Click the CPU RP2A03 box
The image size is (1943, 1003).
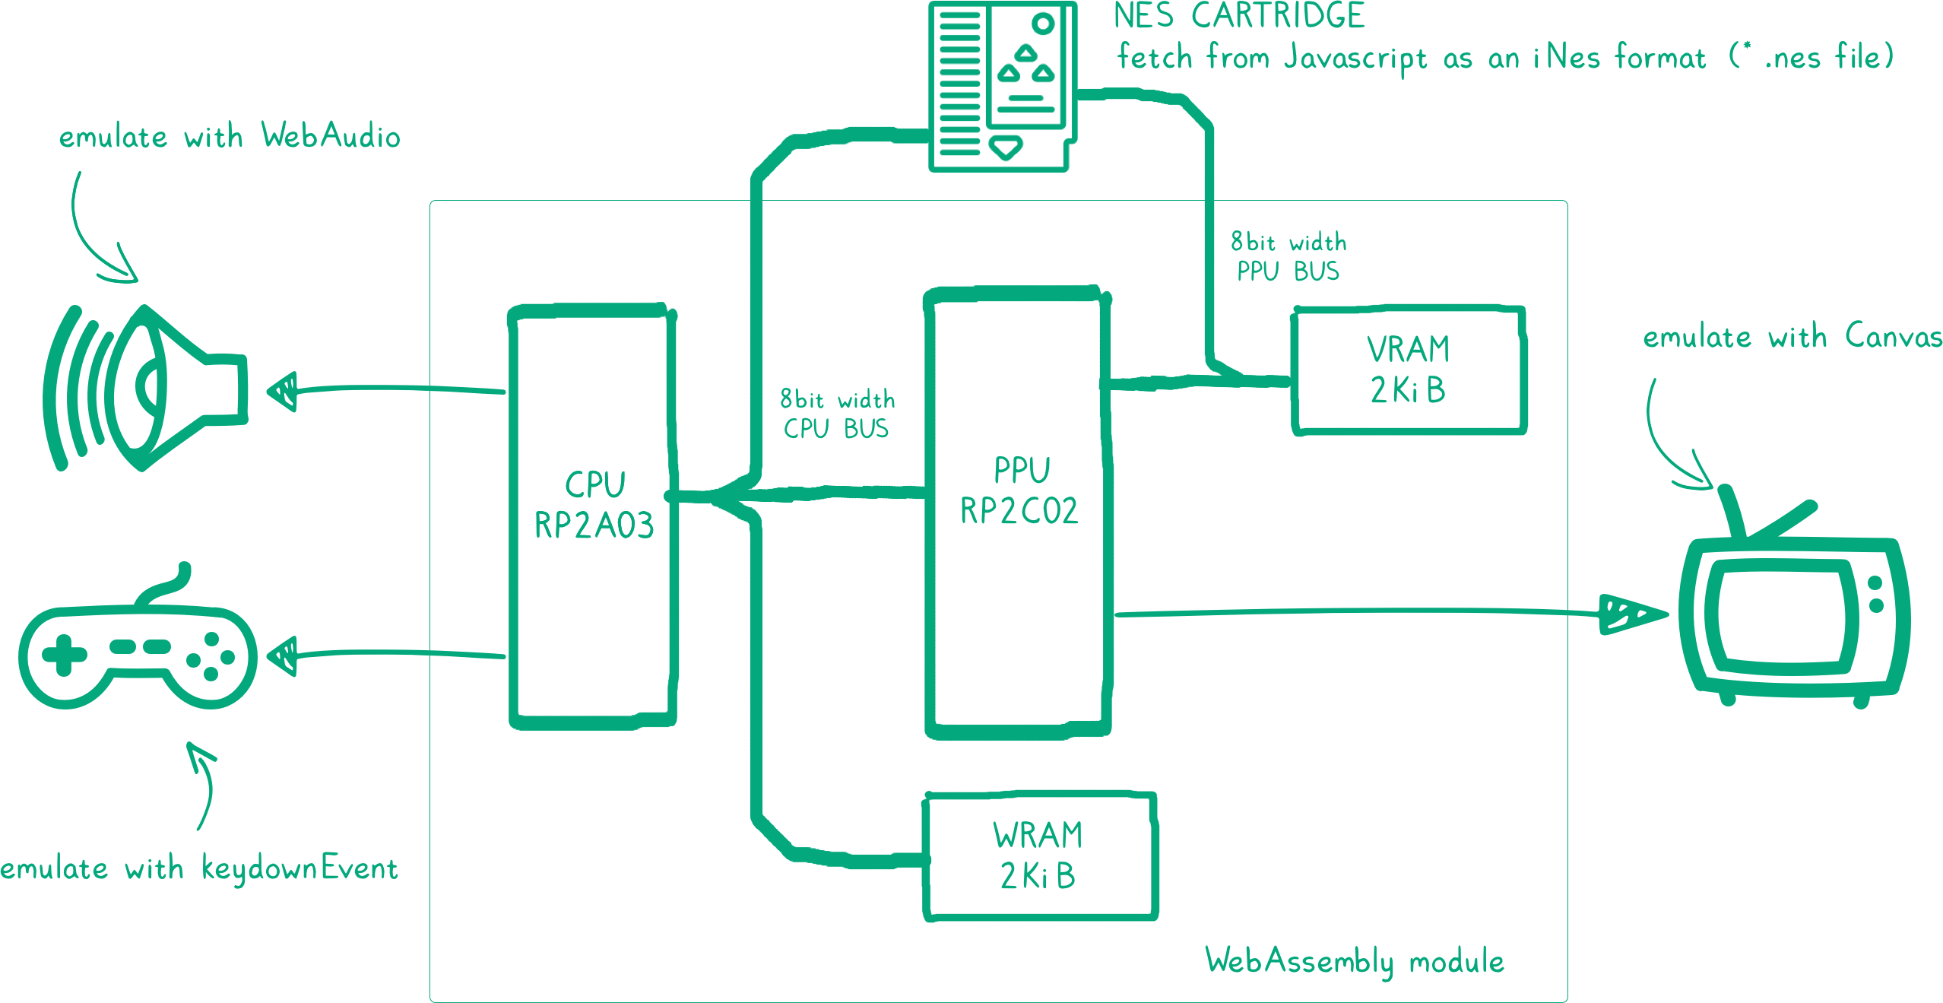[x=593, y=517]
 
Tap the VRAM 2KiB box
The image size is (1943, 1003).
[x=1409, y=371]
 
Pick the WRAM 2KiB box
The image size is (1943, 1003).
[x=1040, y=856]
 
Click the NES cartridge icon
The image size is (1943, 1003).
[x=1003, y=85]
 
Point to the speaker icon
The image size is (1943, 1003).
[x=144, y=388]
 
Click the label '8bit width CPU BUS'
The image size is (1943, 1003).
[x=837, y=414]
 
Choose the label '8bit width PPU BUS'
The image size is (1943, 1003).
[x=1288, y=257]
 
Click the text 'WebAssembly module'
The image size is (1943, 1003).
[x=1355, y=961]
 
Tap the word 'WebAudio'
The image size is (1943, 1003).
[x=331, y=136]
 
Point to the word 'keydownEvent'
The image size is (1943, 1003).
[x=300, y=869]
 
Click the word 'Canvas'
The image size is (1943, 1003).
[x=1893, y=336]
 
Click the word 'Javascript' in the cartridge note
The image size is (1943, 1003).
[x=1355, y=59]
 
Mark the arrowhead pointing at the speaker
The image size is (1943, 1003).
[x=283, y=391]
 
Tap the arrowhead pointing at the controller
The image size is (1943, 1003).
[x=283, y=655]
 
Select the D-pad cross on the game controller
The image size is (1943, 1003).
[x=64, y=655]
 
